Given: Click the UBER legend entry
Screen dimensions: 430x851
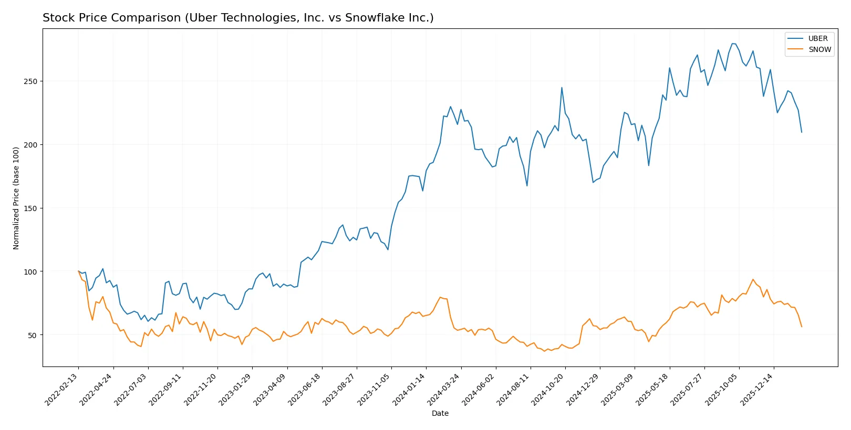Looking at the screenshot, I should pyautogui.click(x=817, y=38).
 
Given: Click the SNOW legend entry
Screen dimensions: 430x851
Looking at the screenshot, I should pyautogui.click(x=819, y=49).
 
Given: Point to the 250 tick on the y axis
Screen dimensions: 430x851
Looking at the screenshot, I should pyautogui.click(x=30, y=81).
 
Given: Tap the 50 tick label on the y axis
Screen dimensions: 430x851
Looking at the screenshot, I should pyautogui.click(x=32, y=335).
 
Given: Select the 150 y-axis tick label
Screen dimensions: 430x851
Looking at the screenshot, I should pyautogui.click(x=30, y=208).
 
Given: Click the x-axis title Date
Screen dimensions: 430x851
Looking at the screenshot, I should pyautogui.click(x=440, y=413).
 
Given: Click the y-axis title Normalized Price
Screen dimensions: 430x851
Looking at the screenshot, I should pyautogui.click(x=16, y=198).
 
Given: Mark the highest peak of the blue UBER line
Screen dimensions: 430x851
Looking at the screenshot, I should pyautogui.click(x=733, y=44).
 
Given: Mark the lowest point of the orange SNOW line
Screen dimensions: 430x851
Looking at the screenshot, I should pyautogui.click(x=544, y=351).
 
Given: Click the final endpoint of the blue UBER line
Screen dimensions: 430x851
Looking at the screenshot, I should pyautogui.click(x=802, y=132).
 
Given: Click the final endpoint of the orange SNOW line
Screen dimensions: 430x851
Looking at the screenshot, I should pyautogui.click(x=802, y=327).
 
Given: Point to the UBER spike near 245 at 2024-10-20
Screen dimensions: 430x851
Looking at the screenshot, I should pyautogui.click(x=562, y=88).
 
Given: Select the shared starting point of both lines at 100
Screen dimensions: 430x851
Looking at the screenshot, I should pyautogui.click(x=78, y=271).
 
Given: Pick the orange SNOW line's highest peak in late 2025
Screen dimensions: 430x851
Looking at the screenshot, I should pyautogui.click(x=753, y=279).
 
